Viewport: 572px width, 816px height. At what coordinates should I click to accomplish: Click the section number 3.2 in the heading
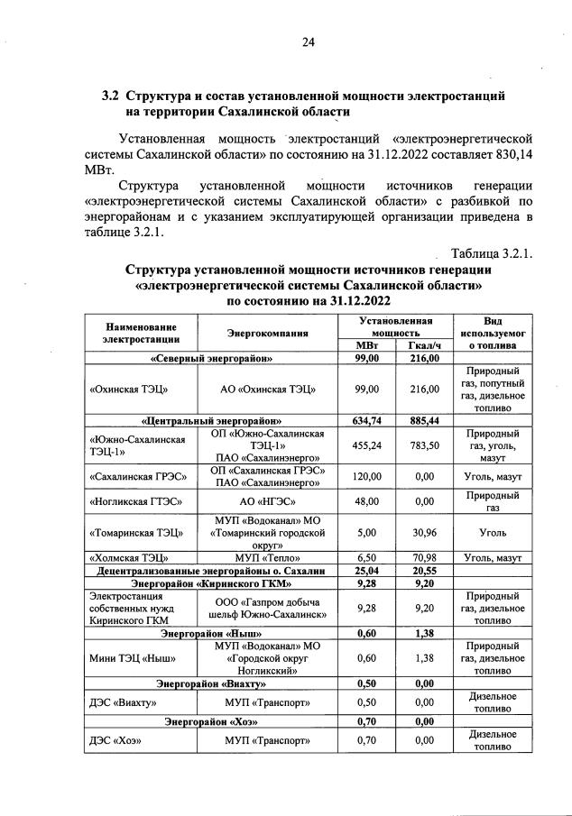point(110,95)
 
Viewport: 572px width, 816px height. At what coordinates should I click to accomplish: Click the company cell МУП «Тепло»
point(268,558)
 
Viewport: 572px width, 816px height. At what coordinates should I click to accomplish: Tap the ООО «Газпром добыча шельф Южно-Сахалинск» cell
point(268,609)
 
